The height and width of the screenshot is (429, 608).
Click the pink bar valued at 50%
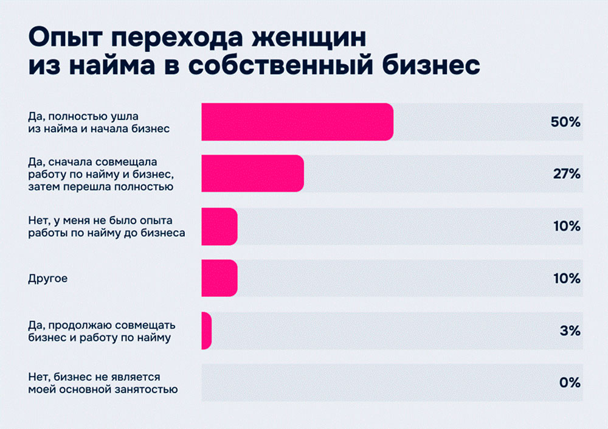(297, 122)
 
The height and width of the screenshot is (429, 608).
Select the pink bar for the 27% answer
(252, 174)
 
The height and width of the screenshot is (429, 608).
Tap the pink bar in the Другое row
(219, 279)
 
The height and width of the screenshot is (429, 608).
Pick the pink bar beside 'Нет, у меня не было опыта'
(219, 226)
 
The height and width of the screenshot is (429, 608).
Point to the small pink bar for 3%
(206, 331)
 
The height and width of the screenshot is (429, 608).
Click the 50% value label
(565, 122)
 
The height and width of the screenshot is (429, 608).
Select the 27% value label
(566, 174)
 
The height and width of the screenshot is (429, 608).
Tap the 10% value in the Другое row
(567, 279)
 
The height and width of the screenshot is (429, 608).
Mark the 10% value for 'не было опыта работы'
(567, 226)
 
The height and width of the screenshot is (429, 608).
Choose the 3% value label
(570, 331)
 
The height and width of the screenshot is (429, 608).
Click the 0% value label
(570, 383)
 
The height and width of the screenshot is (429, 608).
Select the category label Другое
(47, 279)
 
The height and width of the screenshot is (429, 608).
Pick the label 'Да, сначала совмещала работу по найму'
(102, 174)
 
